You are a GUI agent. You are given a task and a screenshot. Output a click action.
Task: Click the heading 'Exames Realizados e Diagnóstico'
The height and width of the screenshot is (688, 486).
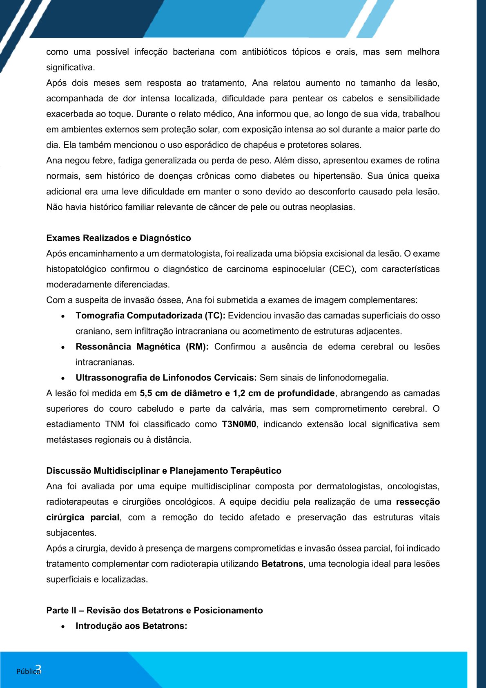(x=118, y=238)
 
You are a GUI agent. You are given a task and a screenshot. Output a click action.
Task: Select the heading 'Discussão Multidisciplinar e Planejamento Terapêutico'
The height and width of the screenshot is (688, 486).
(x=164, y=471)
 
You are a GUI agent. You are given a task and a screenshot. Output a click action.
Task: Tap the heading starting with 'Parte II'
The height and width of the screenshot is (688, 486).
(x=154, y=610)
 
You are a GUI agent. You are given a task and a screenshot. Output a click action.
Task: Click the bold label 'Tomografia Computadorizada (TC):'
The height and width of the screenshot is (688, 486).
(x=150, y=316)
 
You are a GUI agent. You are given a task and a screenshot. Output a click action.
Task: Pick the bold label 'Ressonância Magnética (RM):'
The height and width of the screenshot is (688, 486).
(x=142, y=347)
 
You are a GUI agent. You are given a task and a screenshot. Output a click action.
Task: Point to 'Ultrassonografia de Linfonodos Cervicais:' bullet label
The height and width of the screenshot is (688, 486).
(x=166, y=378)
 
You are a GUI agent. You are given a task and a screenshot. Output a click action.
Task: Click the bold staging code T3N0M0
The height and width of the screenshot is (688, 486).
(x=239, y=424)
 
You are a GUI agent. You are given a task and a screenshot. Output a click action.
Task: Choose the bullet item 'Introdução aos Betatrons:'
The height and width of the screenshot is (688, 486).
(x=131, y=626)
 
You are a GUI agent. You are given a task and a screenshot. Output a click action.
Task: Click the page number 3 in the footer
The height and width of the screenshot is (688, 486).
(x=38, y=669)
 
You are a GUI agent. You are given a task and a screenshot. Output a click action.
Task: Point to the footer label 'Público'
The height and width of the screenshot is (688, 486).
(x=27, y=672)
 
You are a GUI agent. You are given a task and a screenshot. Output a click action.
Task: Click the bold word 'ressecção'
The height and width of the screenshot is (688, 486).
(x=418, y=502)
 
